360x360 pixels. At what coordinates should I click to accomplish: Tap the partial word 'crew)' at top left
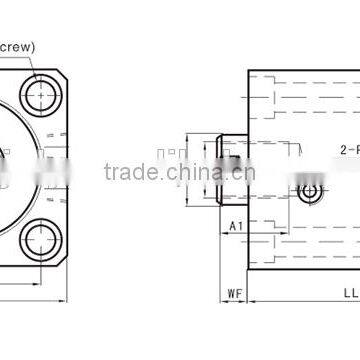click(16, 45)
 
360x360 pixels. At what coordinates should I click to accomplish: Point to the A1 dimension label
click(236, 225)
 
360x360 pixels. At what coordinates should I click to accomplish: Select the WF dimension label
click(232, 293)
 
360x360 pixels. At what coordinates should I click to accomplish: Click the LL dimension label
click(347, 293)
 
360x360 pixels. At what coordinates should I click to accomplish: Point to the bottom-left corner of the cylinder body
click(248, 271)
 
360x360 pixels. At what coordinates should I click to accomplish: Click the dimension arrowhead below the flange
click(65, 297)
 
